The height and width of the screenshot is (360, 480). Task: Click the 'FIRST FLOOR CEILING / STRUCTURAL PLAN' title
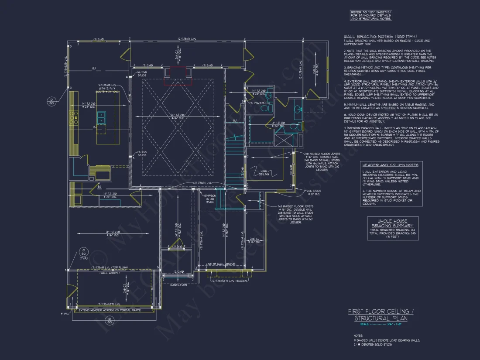point(378,315)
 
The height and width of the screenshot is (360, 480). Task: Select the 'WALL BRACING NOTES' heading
point(380,36)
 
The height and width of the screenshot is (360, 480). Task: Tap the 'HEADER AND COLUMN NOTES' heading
point(390,165)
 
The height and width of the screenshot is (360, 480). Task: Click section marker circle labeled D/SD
point(51,101)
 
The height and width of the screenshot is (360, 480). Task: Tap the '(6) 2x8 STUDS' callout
point(142,74)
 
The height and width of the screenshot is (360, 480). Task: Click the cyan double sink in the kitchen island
point(101,117)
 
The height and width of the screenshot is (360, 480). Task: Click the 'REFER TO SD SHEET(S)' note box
point(371,15)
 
